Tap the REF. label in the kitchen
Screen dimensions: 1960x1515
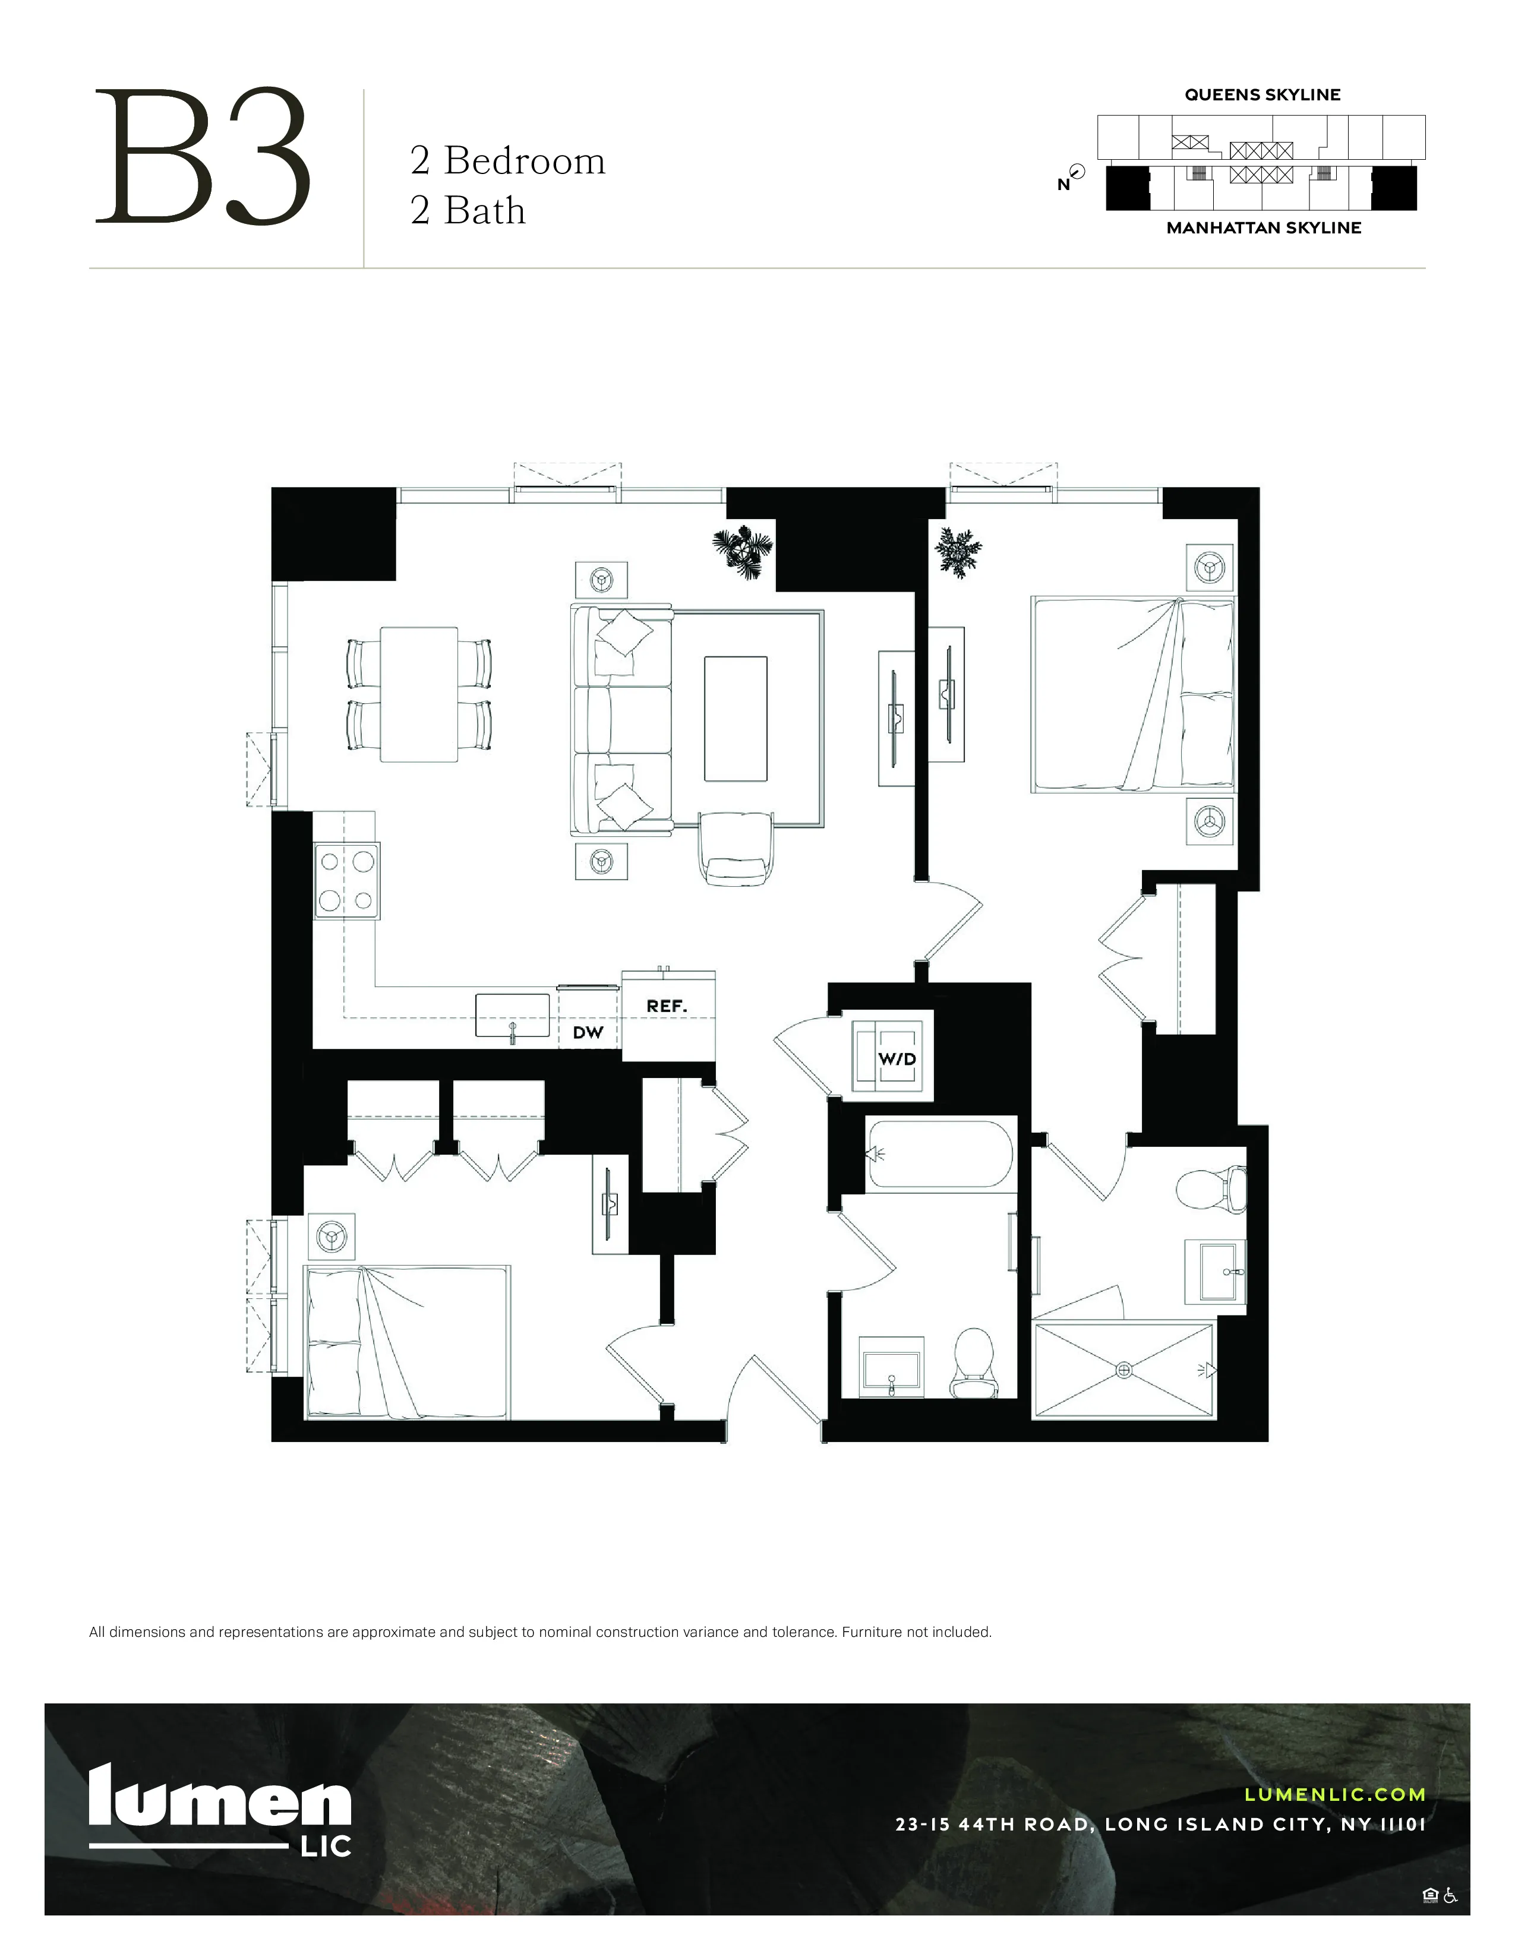coord(666,1007)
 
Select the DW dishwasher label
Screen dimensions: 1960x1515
coord(588,1033)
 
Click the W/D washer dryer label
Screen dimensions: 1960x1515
coord(897,1059)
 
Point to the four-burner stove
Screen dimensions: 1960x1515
coord(346,880)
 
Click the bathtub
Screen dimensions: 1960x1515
coord(940,1154)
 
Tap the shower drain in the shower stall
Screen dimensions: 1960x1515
coord(1123,1370)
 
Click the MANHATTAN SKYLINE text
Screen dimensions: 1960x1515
coord(1263,228)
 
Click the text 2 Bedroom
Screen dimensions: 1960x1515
coord(507,162)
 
